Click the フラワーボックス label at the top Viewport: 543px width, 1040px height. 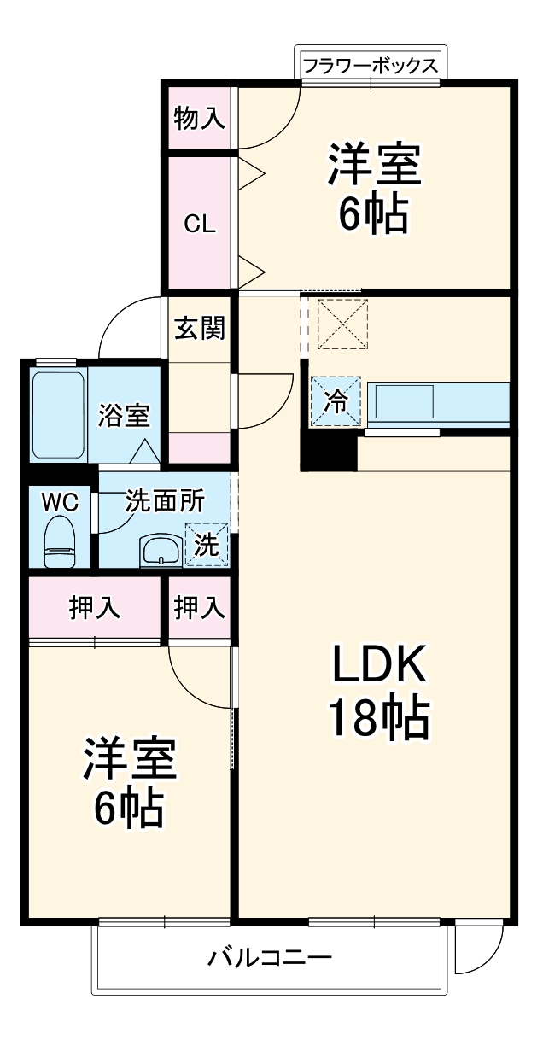point(371,66)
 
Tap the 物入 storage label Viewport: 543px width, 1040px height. point(199,118)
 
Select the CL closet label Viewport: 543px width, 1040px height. point(200,224)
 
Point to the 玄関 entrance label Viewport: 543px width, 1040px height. point(200,327)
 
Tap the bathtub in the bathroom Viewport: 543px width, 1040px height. point(58,415)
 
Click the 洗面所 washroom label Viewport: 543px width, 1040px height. point(165,501)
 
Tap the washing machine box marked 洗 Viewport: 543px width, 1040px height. point(207,544)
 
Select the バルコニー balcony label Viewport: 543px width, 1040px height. point(270,957)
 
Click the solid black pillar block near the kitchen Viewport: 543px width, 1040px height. point(328,453)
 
